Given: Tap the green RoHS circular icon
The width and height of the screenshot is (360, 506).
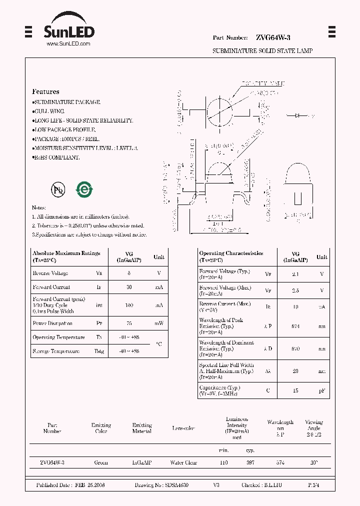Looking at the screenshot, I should (84, 189).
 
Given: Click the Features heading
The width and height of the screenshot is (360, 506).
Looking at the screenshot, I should (45, 91).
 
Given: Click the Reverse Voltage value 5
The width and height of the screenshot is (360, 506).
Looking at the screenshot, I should (128, 273).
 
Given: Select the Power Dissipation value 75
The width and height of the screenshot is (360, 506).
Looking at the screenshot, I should (128, 323).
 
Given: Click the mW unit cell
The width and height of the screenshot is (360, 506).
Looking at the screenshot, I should (158, 323).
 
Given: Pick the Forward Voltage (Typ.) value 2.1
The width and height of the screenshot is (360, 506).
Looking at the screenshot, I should (295, 274).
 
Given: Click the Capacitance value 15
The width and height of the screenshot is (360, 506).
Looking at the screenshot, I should (295, 390).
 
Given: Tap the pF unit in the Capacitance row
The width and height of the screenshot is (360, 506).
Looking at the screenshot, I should (321, 390).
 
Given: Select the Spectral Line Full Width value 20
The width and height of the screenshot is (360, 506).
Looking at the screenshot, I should (295, 371).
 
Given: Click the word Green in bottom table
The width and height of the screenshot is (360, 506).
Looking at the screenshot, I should (101, 462).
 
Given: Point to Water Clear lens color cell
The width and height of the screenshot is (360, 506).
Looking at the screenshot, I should (183, 462).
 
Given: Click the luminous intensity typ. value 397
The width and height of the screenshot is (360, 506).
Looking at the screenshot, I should (250, 462).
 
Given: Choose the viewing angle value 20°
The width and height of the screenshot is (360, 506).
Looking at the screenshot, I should (313, 462).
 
